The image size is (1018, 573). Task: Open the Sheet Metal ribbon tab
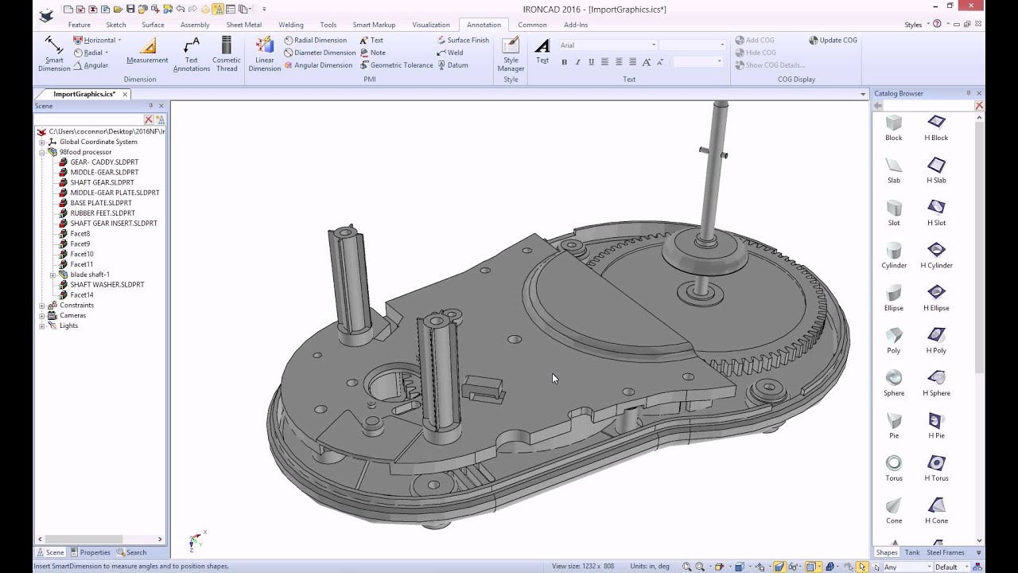coord(243,25)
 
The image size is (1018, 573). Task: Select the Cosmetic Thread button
coord(227,48)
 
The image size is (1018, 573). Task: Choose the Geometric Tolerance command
coord(401,65)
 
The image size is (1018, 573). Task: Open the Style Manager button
coord(511,48)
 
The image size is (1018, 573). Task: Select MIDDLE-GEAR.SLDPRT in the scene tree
coord(104,172)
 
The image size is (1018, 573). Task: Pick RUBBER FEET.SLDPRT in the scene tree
coord(103,213)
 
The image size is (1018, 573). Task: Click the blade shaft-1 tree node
coord(90,275)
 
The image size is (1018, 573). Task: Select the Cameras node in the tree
coord(72,315)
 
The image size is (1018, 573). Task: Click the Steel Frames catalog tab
coord(946,552)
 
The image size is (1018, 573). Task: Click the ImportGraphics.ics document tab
coord(84,94)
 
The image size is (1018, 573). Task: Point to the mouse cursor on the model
coord(554,379)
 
